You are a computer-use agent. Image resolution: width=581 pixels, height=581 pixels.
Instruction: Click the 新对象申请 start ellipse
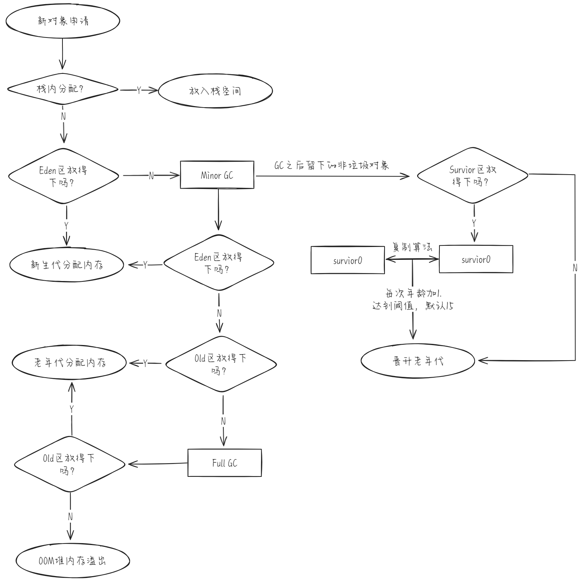click(x=63, y=21)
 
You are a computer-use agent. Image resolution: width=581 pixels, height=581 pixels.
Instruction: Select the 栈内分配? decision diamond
click(x=63, y=89)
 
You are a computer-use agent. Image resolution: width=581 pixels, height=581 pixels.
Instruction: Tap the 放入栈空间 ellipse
click(x=215, y=91)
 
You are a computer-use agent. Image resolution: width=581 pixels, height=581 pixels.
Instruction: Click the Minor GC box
click(x=217, y=175)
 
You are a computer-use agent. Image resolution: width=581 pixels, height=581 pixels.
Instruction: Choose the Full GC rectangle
click(x=224, y=463)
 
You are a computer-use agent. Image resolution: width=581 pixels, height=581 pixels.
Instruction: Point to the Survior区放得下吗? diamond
click(x=472, y=175)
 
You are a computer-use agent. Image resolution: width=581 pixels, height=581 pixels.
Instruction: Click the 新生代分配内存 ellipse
click(x=67, y=265)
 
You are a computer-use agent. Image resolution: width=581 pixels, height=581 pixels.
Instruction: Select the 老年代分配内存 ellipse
click(x=69, y=363)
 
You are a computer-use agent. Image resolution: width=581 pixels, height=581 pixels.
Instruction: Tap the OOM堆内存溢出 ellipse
click(x=73, y=561)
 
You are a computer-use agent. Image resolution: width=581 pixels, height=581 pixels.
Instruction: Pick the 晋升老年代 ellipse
click(x=418, y=361)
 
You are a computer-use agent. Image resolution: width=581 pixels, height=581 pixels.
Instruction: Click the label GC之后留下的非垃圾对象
click(x=332, y=166)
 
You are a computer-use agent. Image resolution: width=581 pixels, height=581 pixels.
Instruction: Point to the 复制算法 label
click(x=412, y=248)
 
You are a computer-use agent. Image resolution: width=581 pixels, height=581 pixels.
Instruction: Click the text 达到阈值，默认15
click(x=413, y=306)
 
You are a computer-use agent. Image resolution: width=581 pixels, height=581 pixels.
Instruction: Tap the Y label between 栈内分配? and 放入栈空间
click(x=139, y=90)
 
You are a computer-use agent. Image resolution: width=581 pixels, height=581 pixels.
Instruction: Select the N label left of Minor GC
click(x=151, y=176)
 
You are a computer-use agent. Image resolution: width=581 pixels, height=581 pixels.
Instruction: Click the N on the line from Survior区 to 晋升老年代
click(x=575, y=268)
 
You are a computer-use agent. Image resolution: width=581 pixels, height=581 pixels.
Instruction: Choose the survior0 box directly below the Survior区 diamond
click(x=476, y=259)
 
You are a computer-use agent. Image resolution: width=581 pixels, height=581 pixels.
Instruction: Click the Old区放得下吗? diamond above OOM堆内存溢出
click(x=70, y=464)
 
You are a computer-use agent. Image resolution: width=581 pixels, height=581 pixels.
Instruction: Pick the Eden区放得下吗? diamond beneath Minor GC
click(x=219, y=263)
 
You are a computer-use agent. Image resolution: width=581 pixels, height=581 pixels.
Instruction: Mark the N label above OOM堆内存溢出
click(x=70, y=517)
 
